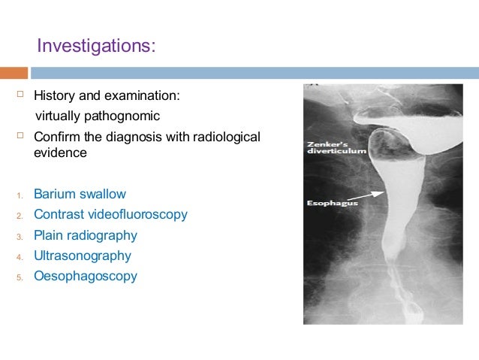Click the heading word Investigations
96,47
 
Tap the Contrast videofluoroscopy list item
110,215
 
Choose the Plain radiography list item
86,235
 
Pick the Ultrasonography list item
83,256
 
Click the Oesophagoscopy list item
86,276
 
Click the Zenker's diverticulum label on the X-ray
336,147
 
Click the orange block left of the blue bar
14,73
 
